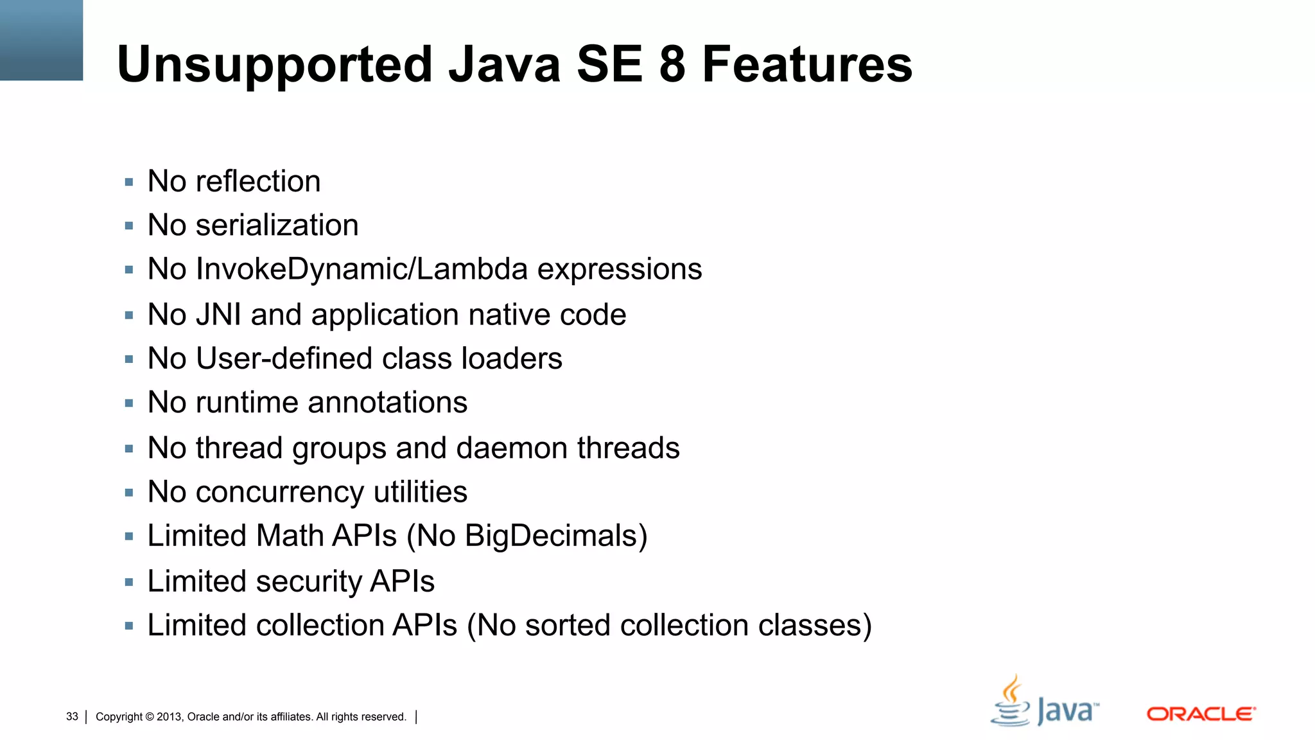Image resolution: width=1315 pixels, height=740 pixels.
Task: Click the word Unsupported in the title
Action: coord(275,65)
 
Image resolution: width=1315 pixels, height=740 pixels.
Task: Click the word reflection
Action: coord(257,181)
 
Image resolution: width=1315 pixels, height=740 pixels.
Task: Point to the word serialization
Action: coord(277,225)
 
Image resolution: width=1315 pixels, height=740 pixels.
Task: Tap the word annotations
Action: coord(387,403)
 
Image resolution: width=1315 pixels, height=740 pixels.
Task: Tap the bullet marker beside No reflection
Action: coord(129,182)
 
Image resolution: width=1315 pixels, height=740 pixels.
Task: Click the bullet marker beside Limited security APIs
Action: coord(129,583)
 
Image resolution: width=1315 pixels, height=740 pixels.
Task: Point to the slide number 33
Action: coord(72,716)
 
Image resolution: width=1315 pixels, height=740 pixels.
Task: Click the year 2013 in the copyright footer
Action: coord(169,717)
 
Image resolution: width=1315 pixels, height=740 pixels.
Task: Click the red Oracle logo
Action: coord(1201,714)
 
